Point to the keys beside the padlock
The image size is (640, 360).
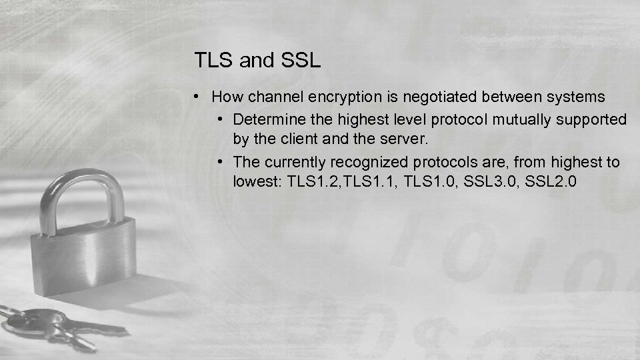(x=53, y=327)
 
